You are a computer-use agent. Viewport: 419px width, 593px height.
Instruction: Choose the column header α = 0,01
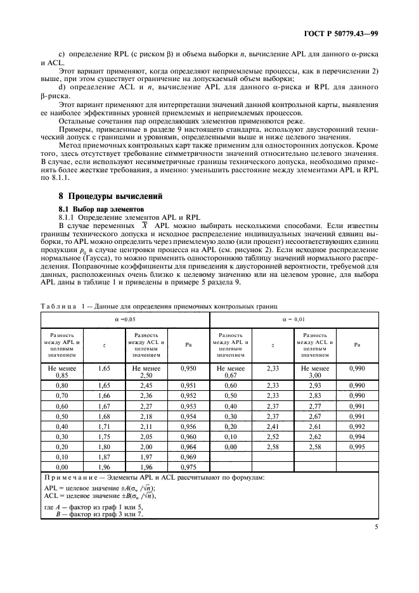tap(294, 320)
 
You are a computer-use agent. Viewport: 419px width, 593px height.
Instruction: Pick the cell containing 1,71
tap(104, 428)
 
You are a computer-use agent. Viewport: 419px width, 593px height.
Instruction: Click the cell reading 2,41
tap(273, 428)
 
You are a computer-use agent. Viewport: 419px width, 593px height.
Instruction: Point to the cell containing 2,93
tap(315, 385)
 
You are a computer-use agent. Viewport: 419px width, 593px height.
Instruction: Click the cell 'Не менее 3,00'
tap(315, 371)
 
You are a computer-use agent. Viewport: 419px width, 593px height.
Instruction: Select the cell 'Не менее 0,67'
tap(231, 371)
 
